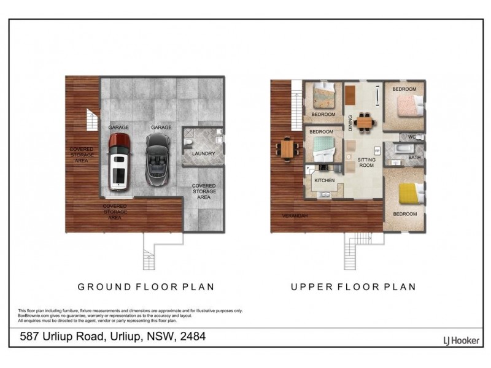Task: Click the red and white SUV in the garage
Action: click(x=118, y=161)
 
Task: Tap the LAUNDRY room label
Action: click(x=203, y=153)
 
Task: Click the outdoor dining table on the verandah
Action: click(x=287, y=148)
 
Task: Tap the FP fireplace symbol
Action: click(x=377, y=150)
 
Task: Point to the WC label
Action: click(x=412, y=137)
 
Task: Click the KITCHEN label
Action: click(x=324, y=181)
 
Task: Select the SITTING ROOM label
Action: click(x=366, y=162)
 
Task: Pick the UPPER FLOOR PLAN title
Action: click(x=353, y=286)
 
